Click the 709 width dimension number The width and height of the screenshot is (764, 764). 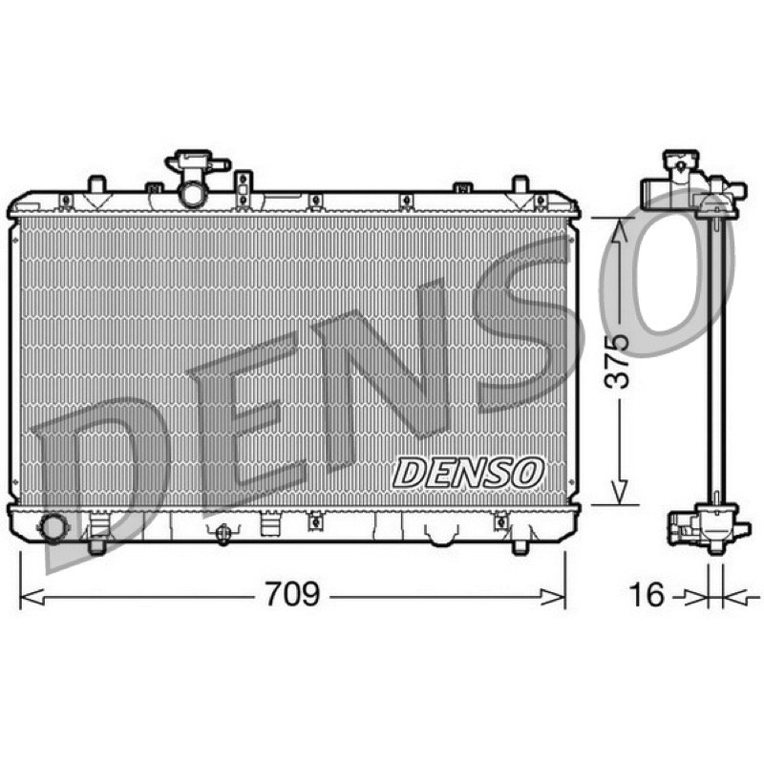pos(292,594)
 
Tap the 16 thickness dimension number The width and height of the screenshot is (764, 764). pos(647,594)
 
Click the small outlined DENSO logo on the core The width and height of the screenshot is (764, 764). pos(468,473)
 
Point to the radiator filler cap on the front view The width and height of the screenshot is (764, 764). pos(197,162)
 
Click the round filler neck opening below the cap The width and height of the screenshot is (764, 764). pos(192,194)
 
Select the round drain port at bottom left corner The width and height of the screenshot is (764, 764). pos(53,528)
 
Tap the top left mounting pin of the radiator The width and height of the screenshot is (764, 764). pos(96,184)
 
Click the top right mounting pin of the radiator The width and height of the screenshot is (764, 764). pos(520,184)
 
